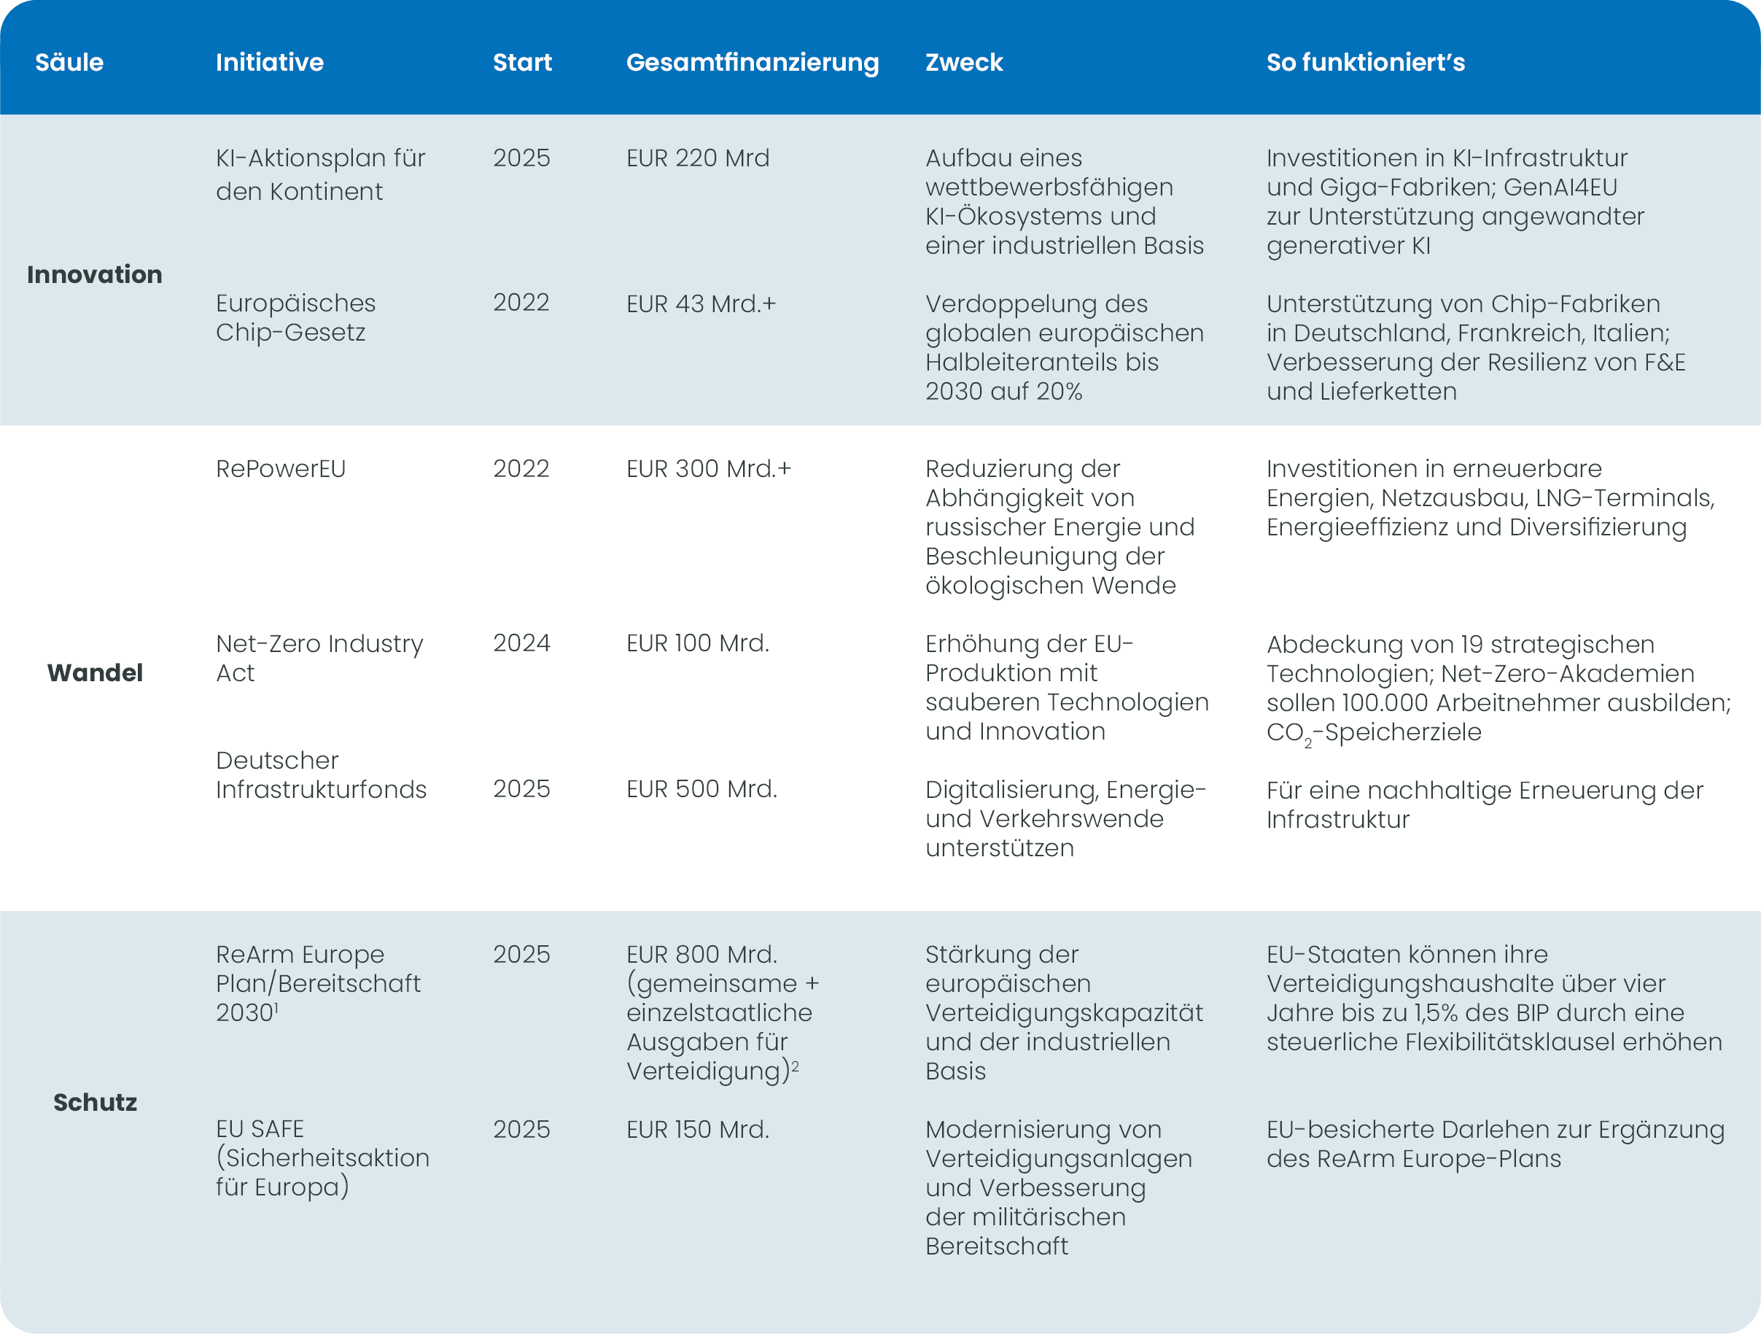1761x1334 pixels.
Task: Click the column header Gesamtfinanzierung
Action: (x=752, y=62)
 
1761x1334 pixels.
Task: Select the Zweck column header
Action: (x=963, y=62)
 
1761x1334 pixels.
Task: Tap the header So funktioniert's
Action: (x=1365, y=62)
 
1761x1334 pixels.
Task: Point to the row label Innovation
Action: (x=94, y=275)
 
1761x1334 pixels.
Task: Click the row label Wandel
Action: (x=95, y=673)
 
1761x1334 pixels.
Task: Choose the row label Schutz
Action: (x=95, y=1102)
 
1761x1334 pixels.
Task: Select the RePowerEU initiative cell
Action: (x=280, y=469)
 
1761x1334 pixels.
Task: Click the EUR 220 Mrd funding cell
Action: (x=697, y=158)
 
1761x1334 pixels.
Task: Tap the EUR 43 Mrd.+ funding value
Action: (x=701, y=304)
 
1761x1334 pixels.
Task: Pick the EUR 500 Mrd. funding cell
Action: (x=701, y=789)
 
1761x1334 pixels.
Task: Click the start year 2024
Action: (x=521, y=643)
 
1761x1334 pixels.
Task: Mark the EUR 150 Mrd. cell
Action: (x=697, y=1129)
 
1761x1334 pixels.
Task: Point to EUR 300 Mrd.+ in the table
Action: (x=709, y=469)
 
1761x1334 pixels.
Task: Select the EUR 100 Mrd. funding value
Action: (x=697, y=643)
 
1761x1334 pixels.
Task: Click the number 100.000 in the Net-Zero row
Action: (x=1385, y=703)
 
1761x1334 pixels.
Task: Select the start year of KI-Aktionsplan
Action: (x=521, y=158)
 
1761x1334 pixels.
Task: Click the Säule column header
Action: (x=69, y=62)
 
